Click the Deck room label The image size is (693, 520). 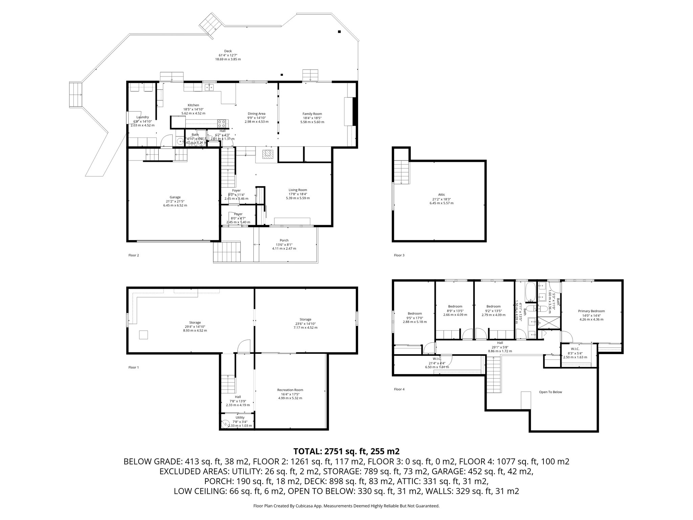click(x=228, y=51)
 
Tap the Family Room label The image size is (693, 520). click(x=312, y=114)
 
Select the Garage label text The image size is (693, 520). click(x=175, y=197)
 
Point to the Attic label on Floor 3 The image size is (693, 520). click(x=441, y=195)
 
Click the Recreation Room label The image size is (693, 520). click(x=290, y=390)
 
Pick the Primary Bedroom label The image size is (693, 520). click(x=591, y=311)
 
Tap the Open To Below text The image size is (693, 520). click(x=550, y=392)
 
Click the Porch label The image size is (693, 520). click(x=284, y=240)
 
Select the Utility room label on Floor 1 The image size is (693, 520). click(x=240, y=417)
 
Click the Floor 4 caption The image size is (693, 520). click(x=399, y=389)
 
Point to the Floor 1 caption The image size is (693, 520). click(x=133, y=367)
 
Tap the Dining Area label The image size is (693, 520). click(x=256, y=114)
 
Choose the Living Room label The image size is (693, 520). click(x=298, y=190)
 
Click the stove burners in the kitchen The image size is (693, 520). click(x=222, y=123)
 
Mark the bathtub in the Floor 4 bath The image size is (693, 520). click(x=530, y=292)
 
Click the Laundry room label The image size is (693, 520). click(x=142, y=117)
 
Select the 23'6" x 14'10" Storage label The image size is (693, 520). click(x=305, y=319)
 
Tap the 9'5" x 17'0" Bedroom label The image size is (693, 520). click(x=415, y=313)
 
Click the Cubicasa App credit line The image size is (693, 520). click(x=346, y=506)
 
